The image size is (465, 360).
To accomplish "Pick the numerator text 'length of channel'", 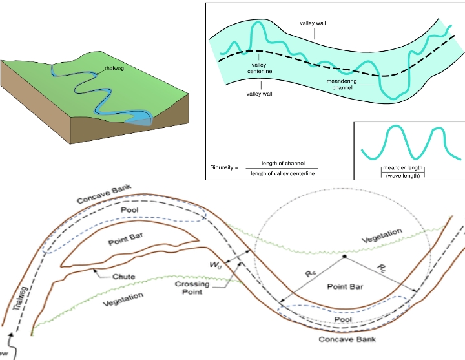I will click(x=283, y=162).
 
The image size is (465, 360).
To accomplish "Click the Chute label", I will click(x=124, y=277).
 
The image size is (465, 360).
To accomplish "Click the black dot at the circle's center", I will click(x=345, y=257).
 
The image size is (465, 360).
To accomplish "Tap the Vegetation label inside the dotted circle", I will click(x=382, y=235).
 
